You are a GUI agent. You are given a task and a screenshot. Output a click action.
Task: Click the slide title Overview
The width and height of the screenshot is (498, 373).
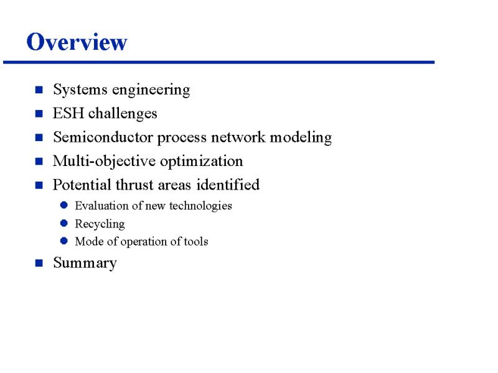[77, 42]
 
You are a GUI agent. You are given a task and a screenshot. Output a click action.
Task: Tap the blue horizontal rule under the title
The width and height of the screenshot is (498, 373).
[219, 62]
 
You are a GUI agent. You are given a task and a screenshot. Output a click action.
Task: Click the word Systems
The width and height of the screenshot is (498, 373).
[80, 90]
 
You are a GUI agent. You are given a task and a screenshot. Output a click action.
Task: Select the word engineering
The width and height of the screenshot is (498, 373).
[151, 90]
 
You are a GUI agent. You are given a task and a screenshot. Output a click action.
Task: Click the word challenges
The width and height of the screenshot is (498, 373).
[123, 114]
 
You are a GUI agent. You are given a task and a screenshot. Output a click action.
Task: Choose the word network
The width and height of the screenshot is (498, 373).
[238, 137]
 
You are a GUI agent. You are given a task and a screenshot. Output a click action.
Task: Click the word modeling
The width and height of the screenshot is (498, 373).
[301, 138]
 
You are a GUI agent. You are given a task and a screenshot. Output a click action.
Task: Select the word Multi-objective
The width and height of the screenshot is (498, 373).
[104, 162]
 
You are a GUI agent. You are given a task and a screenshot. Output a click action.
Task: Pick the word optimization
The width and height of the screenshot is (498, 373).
[201, 162]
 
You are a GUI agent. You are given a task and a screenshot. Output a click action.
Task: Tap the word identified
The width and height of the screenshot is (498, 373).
[228, 185]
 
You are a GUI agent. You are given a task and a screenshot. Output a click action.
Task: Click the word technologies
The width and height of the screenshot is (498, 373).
[200, 206]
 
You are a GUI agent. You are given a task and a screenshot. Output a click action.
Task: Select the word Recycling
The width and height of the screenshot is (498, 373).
[100, 224]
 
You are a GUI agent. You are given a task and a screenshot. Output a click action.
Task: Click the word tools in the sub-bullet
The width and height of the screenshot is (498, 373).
[196, 241]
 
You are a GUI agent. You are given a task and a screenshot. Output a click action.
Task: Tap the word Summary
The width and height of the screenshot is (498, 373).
[85, 264]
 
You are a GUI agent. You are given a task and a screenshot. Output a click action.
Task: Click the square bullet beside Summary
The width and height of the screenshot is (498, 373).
[39, 263]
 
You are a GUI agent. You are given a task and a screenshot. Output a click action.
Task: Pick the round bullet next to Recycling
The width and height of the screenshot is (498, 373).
[64, 223]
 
